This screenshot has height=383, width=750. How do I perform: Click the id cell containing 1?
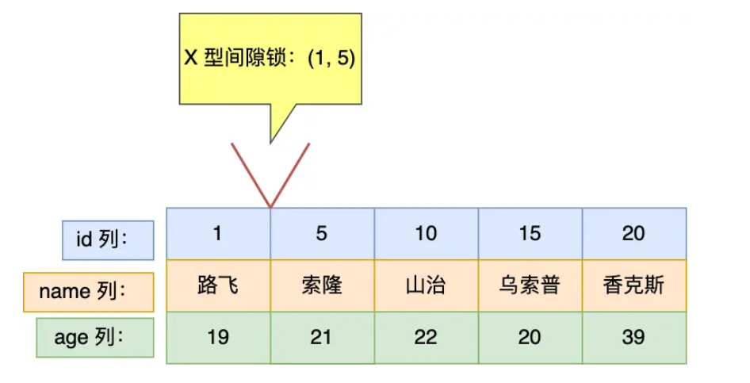[218, 233]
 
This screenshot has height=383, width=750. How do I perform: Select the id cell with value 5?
[322, 233]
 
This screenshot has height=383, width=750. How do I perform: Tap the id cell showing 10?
[426, 233]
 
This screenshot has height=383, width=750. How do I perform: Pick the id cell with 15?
[530, 233]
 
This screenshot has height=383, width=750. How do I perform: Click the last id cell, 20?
[633, 233]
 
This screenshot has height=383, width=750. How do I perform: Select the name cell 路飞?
[218, 285]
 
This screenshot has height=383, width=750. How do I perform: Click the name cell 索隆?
[322, 285]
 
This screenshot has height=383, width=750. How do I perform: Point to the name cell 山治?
[426, 285]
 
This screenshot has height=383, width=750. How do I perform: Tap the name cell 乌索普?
[530, 285]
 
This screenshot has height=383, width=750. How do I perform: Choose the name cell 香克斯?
[633, 285]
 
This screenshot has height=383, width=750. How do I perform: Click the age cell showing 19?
[218, 337]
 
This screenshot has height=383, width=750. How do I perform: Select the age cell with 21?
[322, 337]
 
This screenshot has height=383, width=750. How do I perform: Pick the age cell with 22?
[426, 337]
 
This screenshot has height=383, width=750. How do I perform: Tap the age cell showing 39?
[633, 337]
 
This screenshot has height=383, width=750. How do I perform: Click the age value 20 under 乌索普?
[530, 337]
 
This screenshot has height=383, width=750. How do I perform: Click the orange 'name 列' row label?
[88, 292]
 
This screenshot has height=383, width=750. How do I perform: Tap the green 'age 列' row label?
[94, 338]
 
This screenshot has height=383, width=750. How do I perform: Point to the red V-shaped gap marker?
[270, 178]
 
